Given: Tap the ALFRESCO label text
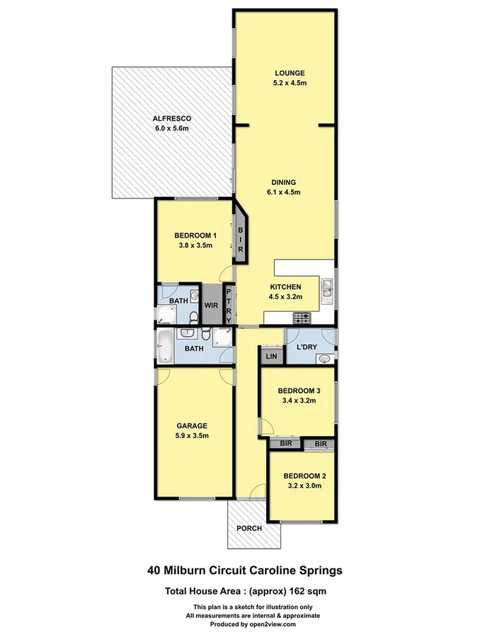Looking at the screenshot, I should (171, 118).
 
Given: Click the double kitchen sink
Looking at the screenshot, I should (328, 289).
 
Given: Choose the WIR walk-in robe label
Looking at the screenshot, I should (211, 306).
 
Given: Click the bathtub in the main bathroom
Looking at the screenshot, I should (163, 347).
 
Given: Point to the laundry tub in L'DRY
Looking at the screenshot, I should (324, 358).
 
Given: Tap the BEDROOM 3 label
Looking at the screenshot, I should (299, 391).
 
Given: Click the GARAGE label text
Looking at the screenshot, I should (192, 426).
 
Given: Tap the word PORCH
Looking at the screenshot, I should (250, 528).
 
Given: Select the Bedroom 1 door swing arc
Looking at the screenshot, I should (224, 273).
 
